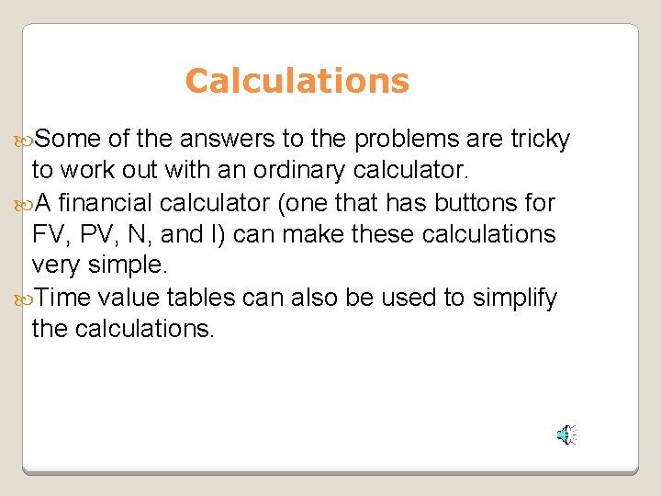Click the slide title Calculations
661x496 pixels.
click(x=297, y=81)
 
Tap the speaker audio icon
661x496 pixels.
click(x=567, y=435)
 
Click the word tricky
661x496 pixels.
click(x=541, y=139)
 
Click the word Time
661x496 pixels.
click(x=65, y=298)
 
